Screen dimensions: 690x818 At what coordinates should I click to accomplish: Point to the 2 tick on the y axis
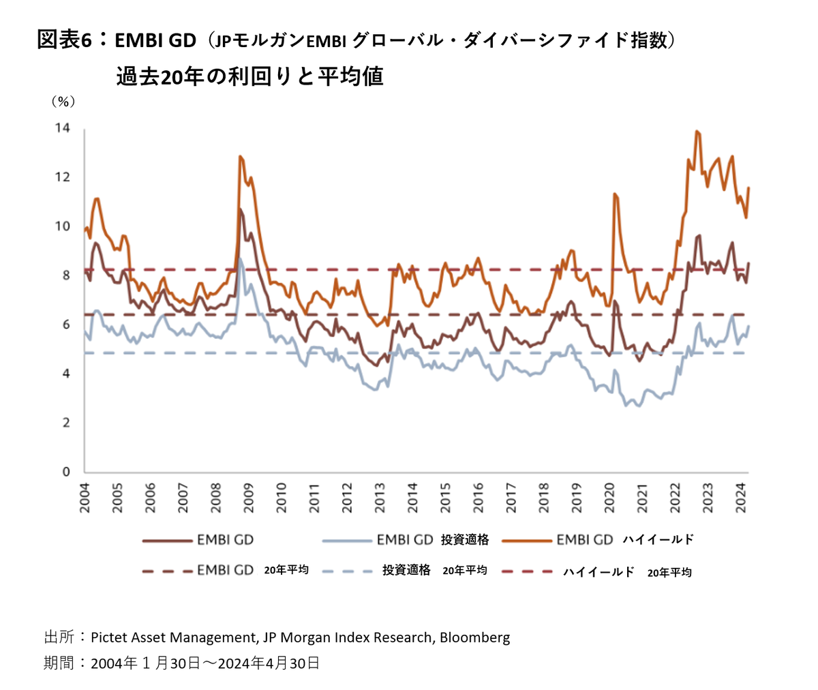click(x=66, y=423)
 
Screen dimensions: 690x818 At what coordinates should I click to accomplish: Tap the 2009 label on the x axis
click(x=249, y=498)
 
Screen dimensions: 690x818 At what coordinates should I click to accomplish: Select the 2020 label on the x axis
click(x=609, y=498)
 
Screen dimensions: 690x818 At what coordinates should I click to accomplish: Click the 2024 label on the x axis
click(x=741, y=498)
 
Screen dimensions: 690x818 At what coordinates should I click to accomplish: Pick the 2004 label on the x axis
click(x=85, y=498)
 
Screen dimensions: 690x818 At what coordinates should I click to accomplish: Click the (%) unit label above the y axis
click(x=63, y=102)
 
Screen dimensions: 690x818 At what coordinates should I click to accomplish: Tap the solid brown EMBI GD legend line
click(x=167, y=541)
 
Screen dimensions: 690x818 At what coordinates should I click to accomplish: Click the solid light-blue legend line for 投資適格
click(x=347, y=541)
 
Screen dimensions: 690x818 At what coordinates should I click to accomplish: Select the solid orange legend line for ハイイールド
click(x=526, y=541)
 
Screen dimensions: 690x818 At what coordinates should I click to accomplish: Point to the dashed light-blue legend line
click(x=347, y=571)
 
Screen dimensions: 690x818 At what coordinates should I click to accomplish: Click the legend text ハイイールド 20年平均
click(x=627, y=572)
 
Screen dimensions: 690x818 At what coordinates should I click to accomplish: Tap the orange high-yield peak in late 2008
click(x=240, y=157)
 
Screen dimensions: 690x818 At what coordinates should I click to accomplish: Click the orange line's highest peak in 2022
click(x=696, y=132)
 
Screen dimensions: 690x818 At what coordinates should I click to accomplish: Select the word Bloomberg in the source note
click(x=474, y=637)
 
